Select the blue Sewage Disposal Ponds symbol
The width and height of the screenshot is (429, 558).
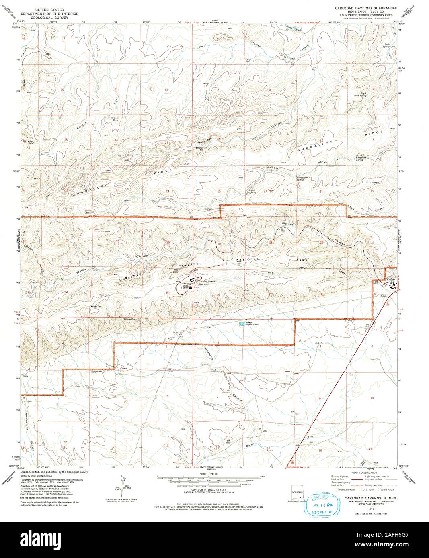[x=241, y=324]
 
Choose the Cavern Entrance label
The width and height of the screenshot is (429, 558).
[x=208, y=281]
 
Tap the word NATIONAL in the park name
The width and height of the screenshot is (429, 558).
[x=248, y=259]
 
